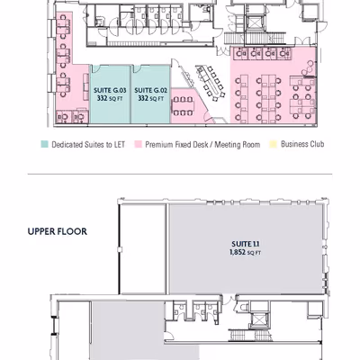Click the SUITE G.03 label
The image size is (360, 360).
[x=110, y=90]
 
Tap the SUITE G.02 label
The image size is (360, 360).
[x=150, y=90]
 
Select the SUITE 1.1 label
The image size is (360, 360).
[x=245, y=244]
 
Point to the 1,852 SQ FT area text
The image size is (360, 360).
[x=245, y=253]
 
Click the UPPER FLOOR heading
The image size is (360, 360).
[x=58, y=231]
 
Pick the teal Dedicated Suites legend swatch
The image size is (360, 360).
[x=44, y=144]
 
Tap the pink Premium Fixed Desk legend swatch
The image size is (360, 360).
[x=138, y=144]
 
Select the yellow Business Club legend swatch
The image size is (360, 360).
[x=273, y=144]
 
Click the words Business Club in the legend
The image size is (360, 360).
[x=302, y=144]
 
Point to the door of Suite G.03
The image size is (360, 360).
[x=96, y=68]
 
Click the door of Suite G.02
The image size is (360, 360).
[x=137, y=68]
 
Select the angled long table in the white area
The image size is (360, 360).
[x=209, y=81]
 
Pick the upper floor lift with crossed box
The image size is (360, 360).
[x=257, y=319]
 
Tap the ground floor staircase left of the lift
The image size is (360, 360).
[x=235, y=39]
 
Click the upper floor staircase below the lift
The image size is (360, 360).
[x=250, y=335]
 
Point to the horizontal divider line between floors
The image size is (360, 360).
[x=180, y=174]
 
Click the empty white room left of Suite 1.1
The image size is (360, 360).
[x=143, y=249]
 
